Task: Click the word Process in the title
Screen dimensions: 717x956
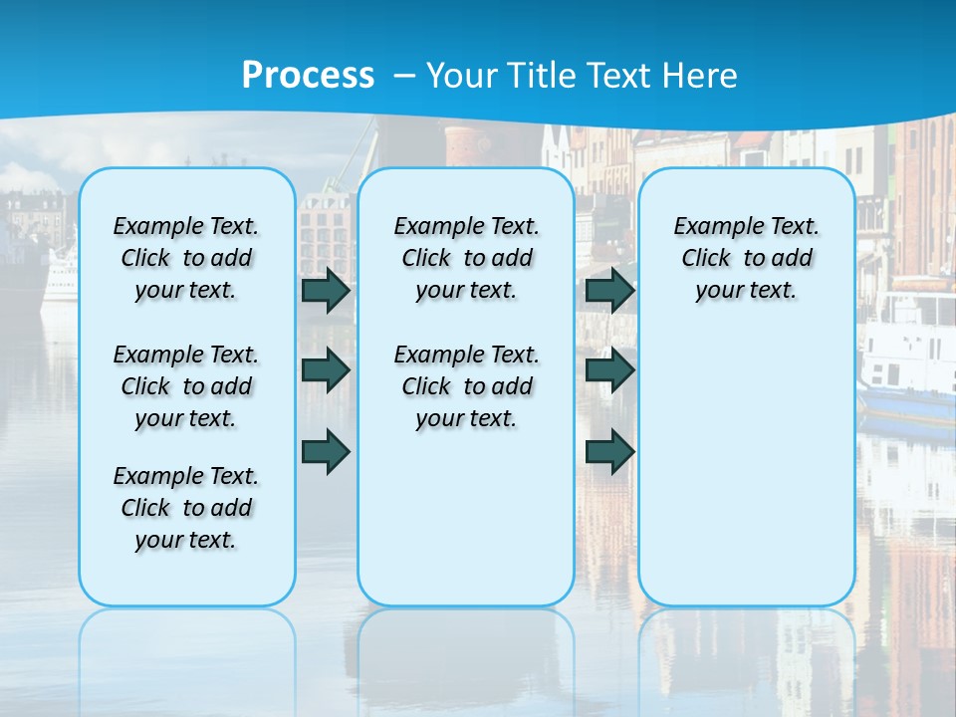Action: click(x=308, y=75)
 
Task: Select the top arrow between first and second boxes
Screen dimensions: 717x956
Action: click(x=325, y=290)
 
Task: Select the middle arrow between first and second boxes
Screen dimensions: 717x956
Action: click(x=325, y=370)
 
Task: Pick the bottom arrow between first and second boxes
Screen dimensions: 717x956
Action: click(x=325, y=451)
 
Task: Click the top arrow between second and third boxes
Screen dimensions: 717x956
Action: click(x=609, y=290)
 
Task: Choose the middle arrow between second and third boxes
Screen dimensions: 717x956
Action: click(x=609, y=370)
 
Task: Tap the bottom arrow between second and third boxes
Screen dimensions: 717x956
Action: click(x=609, y=451)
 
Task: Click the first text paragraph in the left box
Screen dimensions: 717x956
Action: click(x=186, y=258)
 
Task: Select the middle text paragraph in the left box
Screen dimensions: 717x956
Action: click(x=186, y=386)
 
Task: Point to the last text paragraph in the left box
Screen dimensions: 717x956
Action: click(x=186, y=508)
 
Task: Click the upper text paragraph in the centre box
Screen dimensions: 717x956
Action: click(x=467, y=258)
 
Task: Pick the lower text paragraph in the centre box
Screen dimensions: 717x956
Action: click(x=467, y=386)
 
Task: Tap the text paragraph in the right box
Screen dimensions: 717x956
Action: click(x=747, y=258)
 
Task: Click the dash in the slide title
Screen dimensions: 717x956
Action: click(x=404, y=75)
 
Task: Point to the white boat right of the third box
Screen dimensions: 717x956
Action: click(x=906, y=358)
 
